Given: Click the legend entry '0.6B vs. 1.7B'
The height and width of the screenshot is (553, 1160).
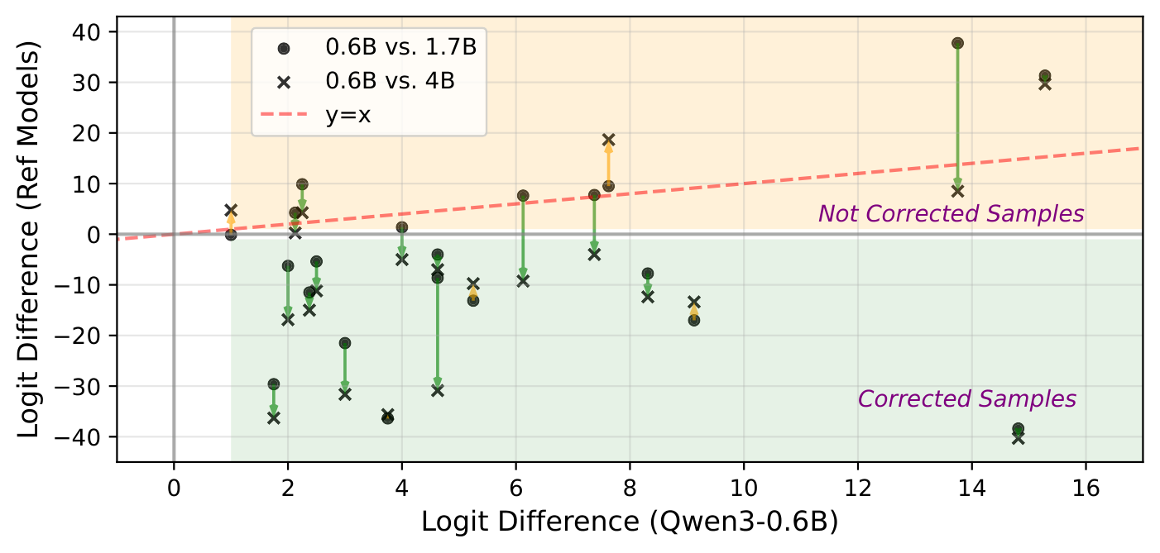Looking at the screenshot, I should click(400, 47).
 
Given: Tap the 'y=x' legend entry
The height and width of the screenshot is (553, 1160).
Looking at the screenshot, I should click(348, 114).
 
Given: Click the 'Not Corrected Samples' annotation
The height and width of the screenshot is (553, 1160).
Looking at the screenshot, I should click(951, 213).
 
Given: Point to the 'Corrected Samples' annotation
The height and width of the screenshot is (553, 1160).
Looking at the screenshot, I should click(966, 399).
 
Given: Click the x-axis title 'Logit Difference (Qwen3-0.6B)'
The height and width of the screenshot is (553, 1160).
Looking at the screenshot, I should click(629, 523).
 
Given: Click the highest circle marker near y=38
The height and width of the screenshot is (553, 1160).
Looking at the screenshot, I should click(957, 43).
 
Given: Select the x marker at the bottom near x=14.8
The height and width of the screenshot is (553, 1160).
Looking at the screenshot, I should click(1018, 438).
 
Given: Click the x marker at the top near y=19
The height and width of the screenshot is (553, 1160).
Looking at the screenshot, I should click(608, 140).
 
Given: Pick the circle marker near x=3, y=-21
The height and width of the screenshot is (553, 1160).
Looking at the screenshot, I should click(345, 343).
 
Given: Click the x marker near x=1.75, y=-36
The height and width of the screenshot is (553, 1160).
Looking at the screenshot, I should click(274, 418).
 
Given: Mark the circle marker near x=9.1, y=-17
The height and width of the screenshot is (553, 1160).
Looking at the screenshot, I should click(693, 320).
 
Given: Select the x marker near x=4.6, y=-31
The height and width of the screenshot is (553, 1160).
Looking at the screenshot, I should click(437, 390).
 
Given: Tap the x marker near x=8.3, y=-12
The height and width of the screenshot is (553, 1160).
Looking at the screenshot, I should click(647, 297).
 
